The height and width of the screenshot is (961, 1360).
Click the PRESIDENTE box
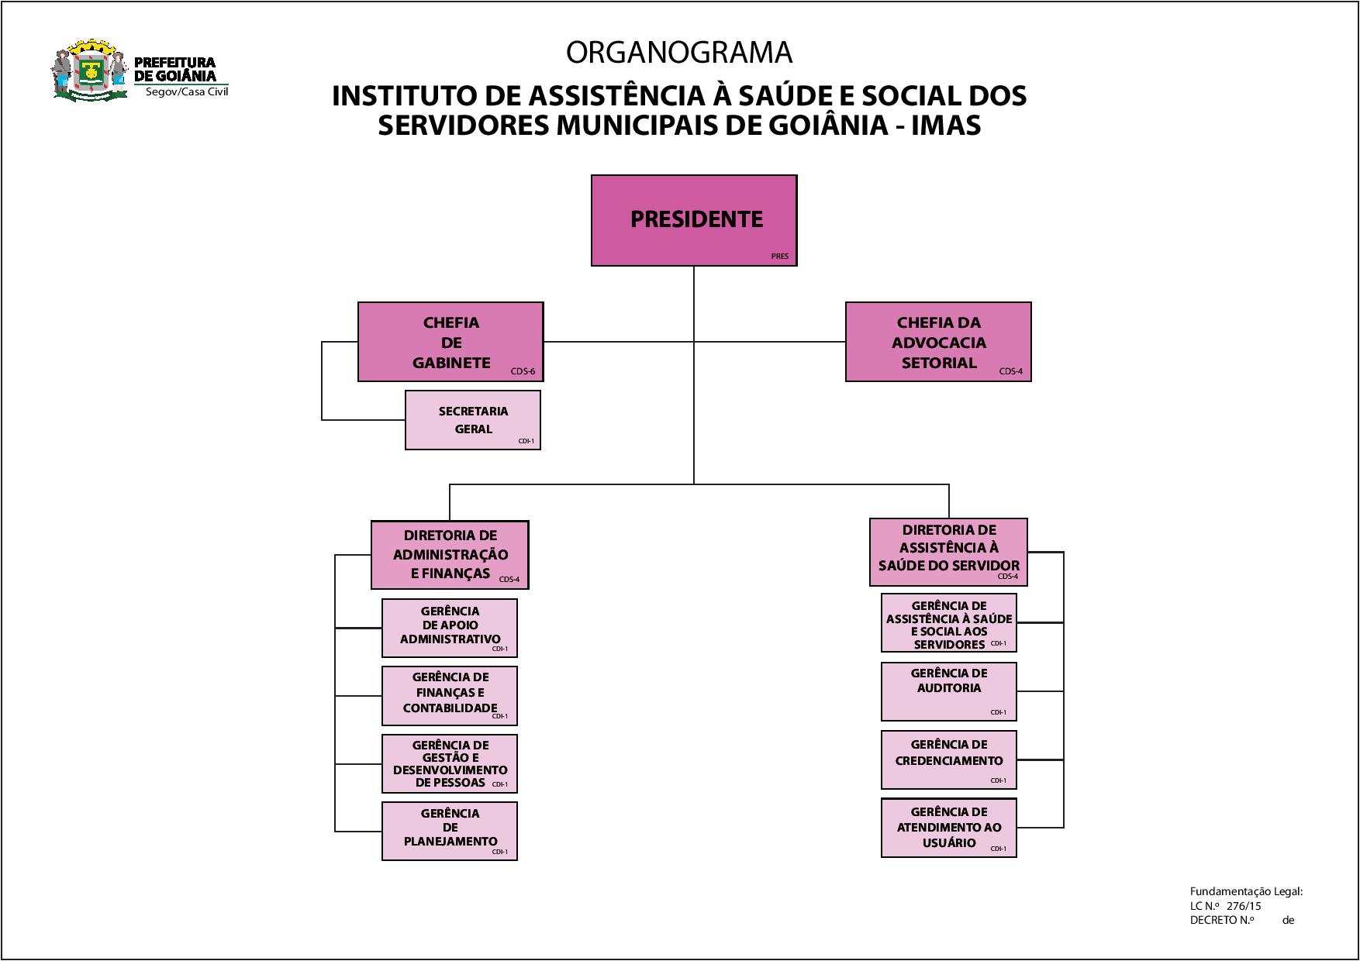pyautogui.click(x=694, y=220)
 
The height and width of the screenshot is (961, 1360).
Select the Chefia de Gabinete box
pyautogui.click(x=450, y=342)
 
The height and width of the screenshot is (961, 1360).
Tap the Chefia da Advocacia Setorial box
pyautogui.click(x=938, y=342)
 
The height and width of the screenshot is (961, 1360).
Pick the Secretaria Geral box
pyautogui.click(x=473, y=420)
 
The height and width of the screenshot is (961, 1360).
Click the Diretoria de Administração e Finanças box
pyautogui.click(x=450, y=555)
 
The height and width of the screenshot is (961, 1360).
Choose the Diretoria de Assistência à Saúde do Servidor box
pyautogui.click(x=948, y=552)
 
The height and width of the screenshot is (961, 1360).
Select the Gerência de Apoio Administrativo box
pyautogui.click(x=450, y=628)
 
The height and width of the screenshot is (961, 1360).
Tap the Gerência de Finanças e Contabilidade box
pyautogui.click(x=450, y=695)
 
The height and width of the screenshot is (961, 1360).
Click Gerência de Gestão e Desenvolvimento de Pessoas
pyautogui.click(x=450, y=763)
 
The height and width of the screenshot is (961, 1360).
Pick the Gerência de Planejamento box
pyautogui.click(x=450, y=831)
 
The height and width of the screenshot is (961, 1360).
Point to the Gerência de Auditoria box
pyautogui.click(x=948, y=691)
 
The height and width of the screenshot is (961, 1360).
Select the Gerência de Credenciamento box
pyautogui.click(x=948, y=759)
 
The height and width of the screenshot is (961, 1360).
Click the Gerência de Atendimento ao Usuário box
pyautogui.click(x=948, y=828)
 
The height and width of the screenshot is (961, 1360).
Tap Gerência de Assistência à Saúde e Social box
pyautogui.click(x=948, y=623)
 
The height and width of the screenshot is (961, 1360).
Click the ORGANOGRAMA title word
pyautogui.click(x=679, y=53)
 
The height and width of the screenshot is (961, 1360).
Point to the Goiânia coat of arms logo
pyautogui.click(x=89, y=72)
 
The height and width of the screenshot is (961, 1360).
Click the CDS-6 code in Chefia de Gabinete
pyautogui.click(x=523, y=371)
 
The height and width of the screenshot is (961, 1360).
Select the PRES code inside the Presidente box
pyautogui.click(x=779, y=257)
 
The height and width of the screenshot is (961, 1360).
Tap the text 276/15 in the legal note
pyautogui.click(x=1244, y=906)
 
